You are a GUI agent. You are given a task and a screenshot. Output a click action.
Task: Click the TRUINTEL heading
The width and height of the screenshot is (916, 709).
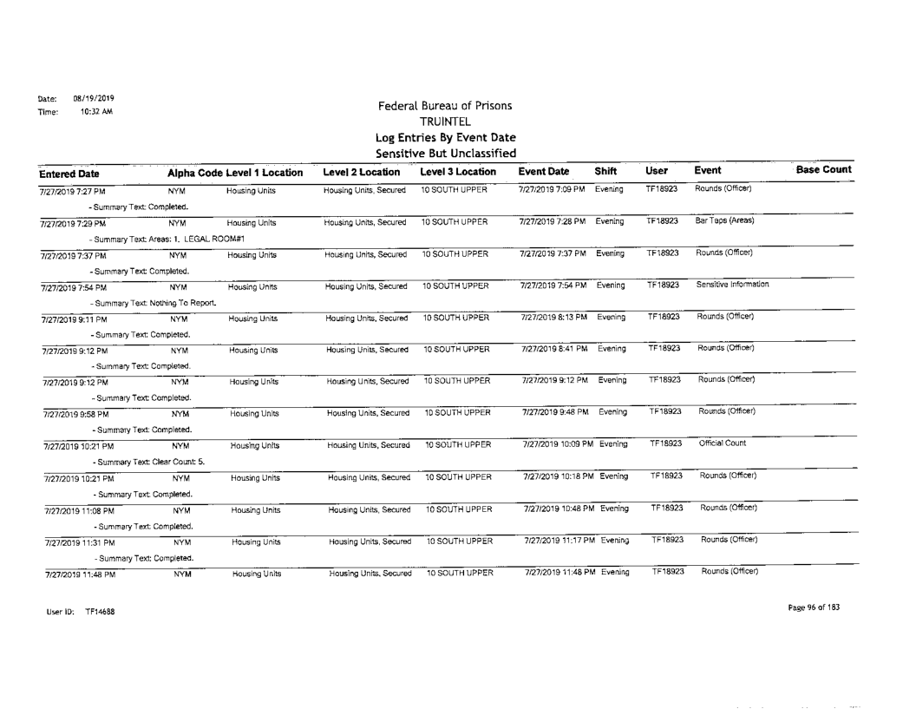coord(443,121)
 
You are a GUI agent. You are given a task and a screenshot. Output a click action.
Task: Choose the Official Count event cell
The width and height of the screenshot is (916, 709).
coord(717,443)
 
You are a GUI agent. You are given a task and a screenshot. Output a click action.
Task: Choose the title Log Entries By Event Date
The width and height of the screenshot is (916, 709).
coord(443,137)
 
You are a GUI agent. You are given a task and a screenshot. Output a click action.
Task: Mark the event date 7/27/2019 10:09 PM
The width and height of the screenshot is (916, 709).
coord(553,443)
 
